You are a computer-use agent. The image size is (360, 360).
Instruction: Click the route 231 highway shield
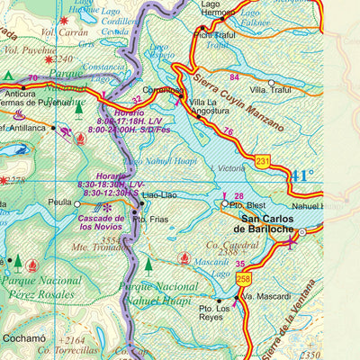click(262, 161)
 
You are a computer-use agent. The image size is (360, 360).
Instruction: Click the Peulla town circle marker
click(77, 204)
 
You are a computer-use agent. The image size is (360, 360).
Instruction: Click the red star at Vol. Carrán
click(63, 20)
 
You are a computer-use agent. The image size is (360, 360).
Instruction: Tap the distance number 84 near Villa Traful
click(235, 76)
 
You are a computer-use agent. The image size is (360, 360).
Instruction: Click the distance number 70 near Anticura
click(32, 78)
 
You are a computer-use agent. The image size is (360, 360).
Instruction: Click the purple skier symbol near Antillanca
click(65, 132)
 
